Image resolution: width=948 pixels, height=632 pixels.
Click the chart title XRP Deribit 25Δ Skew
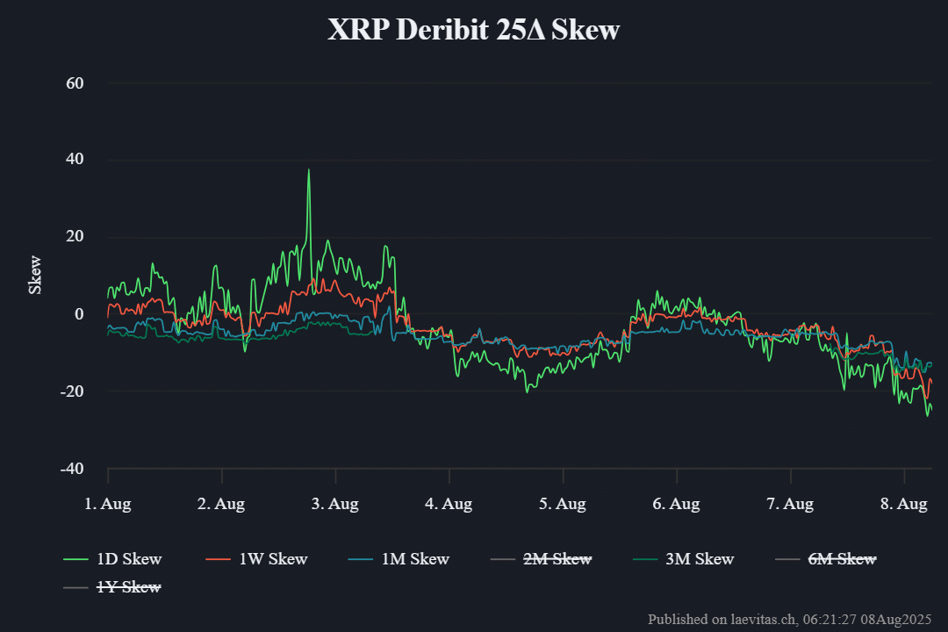click(x=473, y=30)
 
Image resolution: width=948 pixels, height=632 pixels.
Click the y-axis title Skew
click(x=35, y=275)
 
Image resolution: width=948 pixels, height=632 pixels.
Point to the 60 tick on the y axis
click(x=75, y=83)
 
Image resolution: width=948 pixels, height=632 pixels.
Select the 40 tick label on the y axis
click(x=75, y=160)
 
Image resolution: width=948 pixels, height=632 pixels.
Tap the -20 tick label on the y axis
click(x=72, y=391)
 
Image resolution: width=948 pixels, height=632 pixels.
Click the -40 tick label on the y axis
click(x=72, y=469)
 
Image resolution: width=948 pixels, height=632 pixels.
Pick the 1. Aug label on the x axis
click(x=108, y=504)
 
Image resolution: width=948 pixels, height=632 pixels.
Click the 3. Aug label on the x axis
click(x=335, y=504)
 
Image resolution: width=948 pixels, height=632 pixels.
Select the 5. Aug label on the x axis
click(x=563, y=504)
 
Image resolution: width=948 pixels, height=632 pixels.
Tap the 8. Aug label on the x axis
click(x=904, y=504)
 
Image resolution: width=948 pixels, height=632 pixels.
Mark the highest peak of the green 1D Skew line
click(x=308, y=169)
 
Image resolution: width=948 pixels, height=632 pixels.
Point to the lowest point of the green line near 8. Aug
click(x=927, y=415)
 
